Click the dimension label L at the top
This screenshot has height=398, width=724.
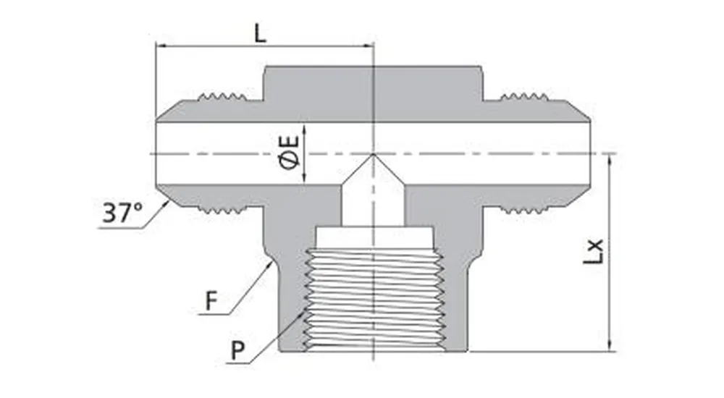tap(260, 33)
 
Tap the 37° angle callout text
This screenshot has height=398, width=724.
tap(122, 213)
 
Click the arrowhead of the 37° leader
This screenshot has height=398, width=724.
tap(169, 204)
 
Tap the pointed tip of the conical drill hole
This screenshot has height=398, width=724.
tap(373, 153)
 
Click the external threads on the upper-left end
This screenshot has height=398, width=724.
tap(222, 96)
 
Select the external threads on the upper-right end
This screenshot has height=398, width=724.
tap(523, 96)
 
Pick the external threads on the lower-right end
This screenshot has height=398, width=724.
tap(523, 211)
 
